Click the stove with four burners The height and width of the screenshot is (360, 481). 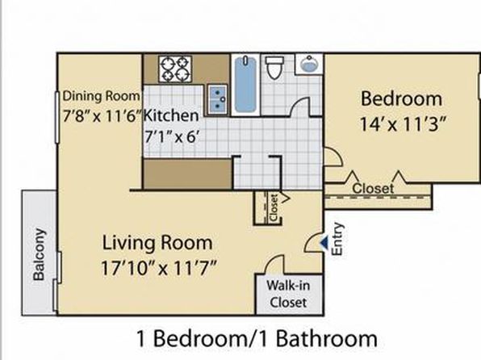tap(175, 69)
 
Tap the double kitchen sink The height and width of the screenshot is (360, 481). tap(217, 99)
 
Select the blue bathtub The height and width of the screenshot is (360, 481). tap(245, 85)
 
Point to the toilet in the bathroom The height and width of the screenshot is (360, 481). tap(274, 68)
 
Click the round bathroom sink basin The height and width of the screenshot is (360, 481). tap(309, 64)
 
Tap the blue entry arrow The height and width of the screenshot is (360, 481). tap(324, 242)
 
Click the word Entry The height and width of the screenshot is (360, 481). tap(337, 239)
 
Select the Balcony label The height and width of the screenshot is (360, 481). tap(39, 254)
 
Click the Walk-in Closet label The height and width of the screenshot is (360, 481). tap(288, 294)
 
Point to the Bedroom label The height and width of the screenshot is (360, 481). tap(401, 98)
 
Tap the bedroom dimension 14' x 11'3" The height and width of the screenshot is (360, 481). tap(402, 124)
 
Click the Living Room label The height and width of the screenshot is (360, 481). tap(157, 243)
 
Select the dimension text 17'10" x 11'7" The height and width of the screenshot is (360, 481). tap(159, 268)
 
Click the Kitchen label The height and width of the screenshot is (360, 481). tap(171, 115)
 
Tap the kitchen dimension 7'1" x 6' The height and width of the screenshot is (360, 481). tap(170, 136)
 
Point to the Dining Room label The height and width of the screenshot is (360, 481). tap(101, 96)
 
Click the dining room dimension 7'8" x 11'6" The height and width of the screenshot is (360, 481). tap(103, 116)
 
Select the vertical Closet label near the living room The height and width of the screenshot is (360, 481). tap(274, 207)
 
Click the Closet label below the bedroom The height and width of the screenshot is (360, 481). tap(373, 188)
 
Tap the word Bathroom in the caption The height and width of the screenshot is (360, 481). tap(326, 338)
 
